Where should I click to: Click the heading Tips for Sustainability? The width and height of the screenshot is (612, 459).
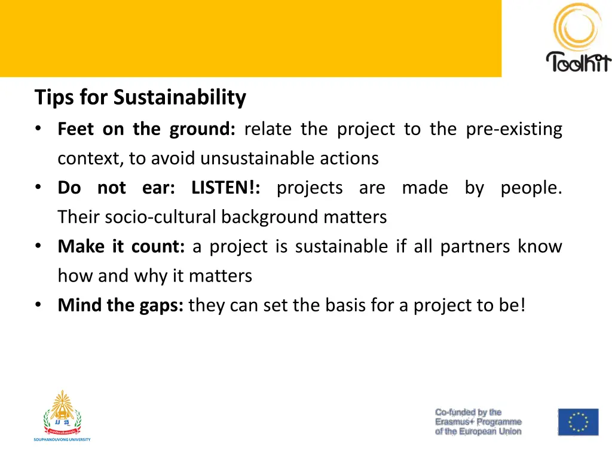pos(140,97)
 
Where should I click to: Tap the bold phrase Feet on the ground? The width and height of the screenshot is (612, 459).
pos(146,129)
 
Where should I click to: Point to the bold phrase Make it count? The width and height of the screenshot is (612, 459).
pos(121,246)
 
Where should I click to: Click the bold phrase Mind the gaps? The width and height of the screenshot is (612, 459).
pos(120,305)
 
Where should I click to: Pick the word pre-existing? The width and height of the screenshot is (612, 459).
pos(514,129)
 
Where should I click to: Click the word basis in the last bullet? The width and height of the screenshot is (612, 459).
pos(346,305)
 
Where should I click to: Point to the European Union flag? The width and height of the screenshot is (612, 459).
pos(578,422)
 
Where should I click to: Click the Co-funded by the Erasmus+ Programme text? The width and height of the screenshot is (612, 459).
pos(478,422)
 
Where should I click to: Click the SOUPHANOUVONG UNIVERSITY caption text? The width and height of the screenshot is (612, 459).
pos(62,439)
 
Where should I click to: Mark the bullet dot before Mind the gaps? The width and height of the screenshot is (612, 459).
pos(38,305)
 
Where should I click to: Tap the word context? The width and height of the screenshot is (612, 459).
pos(89,158)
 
